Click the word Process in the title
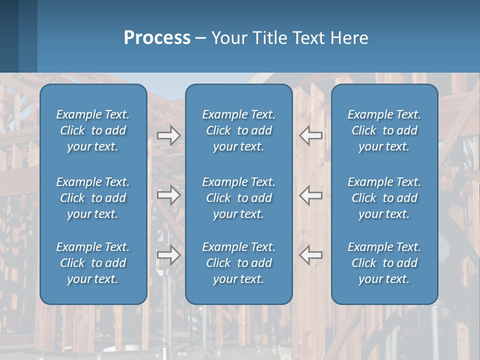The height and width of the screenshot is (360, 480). point(157,38)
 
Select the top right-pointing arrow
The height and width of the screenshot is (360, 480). point(168,135)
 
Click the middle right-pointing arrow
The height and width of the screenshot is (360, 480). point(168,194)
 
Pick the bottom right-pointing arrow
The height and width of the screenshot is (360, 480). point(168,255)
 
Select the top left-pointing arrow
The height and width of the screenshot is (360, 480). point(311,135)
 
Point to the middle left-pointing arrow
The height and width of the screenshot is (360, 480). point(311,194)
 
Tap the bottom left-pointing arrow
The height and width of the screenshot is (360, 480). point(311,255)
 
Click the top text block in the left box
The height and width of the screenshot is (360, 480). point(93,130)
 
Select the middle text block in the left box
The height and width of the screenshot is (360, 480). point(93,198)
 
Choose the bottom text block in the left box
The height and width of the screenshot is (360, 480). point(93,263)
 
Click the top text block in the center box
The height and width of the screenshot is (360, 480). point(239,130)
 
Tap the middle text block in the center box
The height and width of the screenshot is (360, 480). point(239,198)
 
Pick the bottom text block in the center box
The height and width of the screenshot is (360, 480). point(239,263)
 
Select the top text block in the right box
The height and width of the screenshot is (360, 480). point(384,130)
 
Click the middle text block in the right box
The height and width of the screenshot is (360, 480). point(384,198)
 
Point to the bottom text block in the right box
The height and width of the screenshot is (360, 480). point(384,263)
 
